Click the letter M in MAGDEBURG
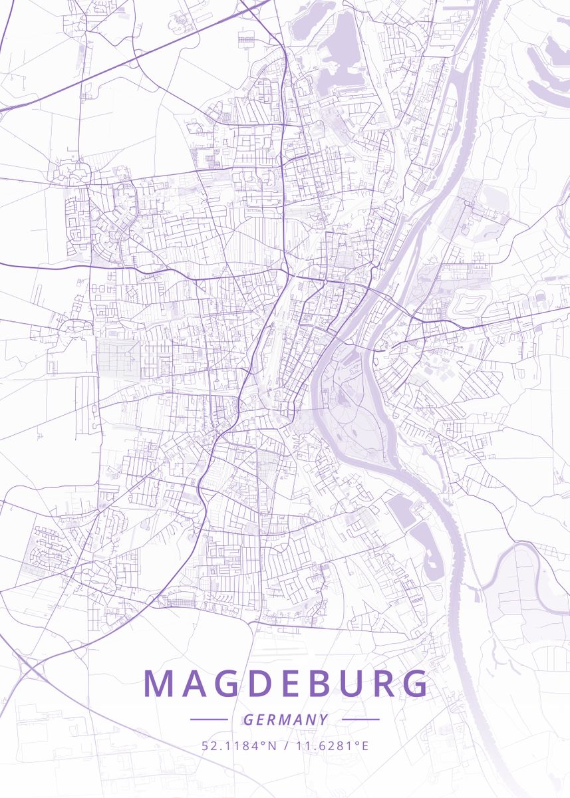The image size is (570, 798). [x=158, y=684]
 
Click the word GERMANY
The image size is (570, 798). [x=285, y=720]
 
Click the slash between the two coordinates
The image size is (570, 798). [x=286, y=745]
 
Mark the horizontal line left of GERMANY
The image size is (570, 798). [x=209, y=720]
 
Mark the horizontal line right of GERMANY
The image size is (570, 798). [x=360, y=720]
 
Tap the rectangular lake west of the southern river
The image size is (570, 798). [x=401, y=511]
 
